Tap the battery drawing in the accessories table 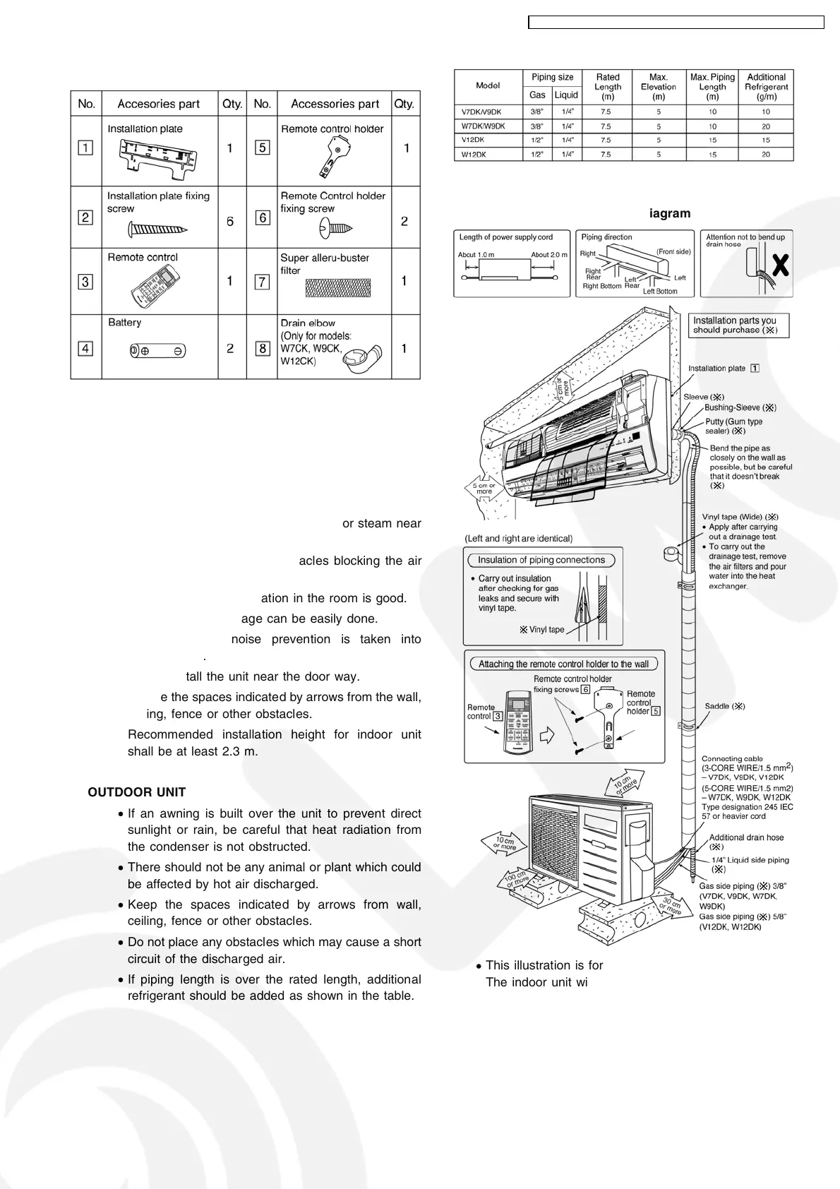coord(157,350)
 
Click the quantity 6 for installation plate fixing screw coord(230,222)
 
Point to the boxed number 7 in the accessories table coord(262,282)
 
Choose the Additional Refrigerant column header coord(766,87)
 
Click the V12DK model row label coord(472,140)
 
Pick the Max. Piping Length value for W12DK coord(712,155)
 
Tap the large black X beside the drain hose coord(780,265)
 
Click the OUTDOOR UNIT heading coord(136,792)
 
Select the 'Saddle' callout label coord(725,706)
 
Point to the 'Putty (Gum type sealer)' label coord(733,426)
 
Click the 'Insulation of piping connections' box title coord(541,560)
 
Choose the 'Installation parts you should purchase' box coord(738,325)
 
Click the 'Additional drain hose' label coord(746,837)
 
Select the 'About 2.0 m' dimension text coord(548,255)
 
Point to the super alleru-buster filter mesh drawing coord(337,287)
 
